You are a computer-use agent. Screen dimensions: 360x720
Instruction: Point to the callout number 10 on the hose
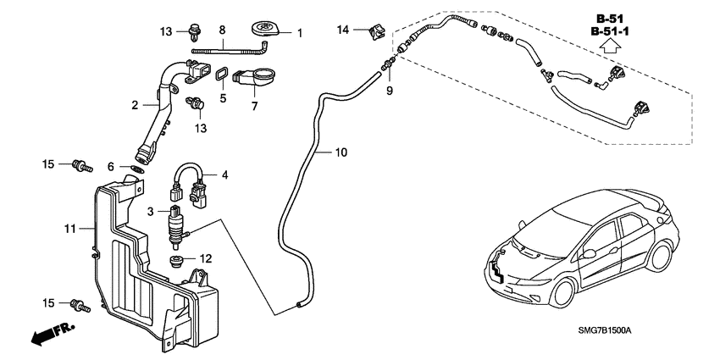(x=341, y=152)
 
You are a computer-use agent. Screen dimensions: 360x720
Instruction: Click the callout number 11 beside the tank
(x=71, y=229)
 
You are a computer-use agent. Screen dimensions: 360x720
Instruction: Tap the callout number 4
(x=224, y=175)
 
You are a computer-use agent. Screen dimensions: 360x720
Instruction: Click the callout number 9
(x=390, y=90)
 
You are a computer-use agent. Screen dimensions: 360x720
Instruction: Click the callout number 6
(x=111, y=168)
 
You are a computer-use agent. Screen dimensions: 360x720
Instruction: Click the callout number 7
(x=253, y=108)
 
